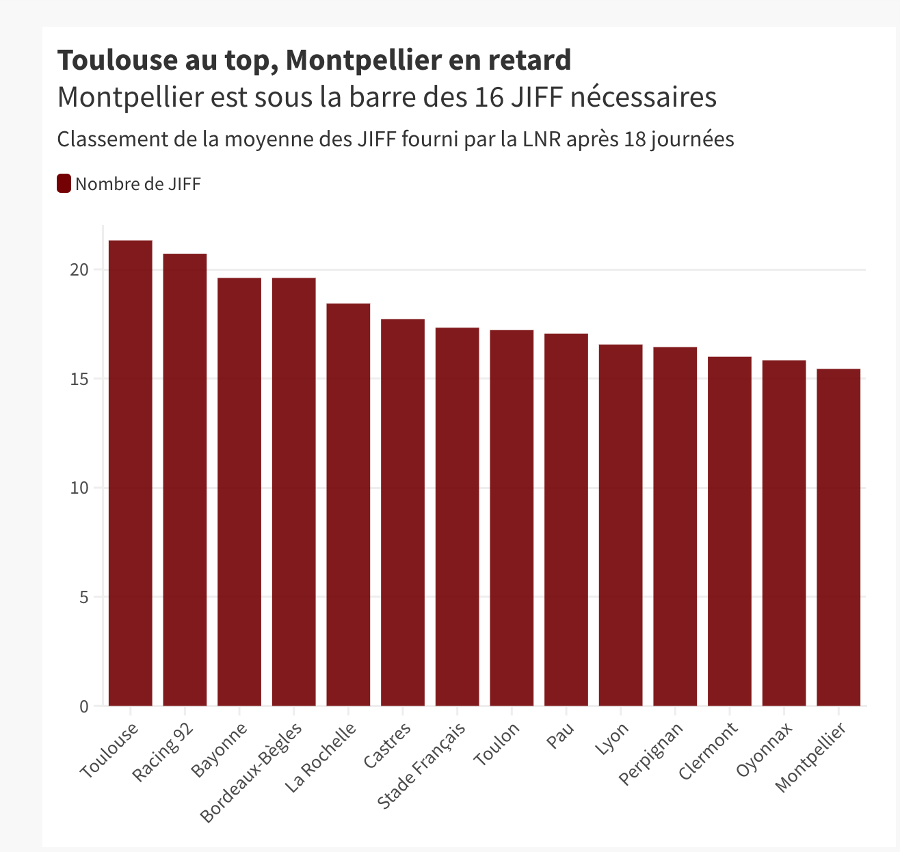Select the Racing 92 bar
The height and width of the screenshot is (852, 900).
185,479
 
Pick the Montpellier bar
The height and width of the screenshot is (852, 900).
838,537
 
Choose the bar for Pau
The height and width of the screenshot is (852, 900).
566,520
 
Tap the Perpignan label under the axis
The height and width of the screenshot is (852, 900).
651,754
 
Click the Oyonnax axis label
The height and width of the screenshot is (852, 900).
765,749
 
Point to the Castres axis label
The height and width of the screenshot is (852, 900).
388,745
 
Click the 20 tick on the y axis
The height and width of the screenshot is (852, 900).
80,270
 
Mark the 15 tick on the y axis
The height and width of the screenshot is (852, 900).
80,379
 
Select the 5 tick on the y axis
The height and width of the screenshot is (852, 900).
84,597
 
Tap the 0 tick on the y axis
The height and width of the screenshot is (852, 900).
84,706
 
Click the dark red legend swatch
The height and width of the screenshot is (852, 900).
64,183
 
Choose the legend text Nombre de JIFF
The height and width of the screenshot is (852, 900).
138,184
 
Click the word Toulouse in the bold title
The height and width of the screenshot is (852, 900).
116,60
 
